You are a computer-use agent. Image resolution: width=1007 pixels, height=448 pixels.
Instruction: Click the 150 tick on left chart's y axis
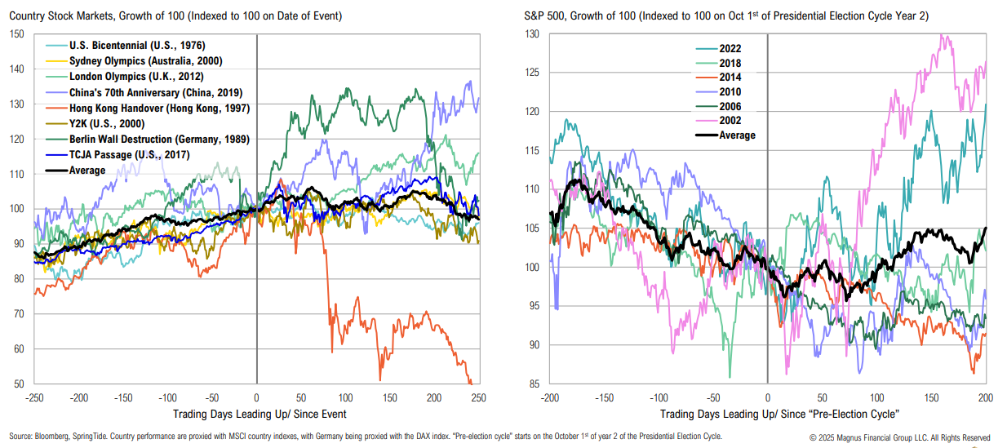(18, 34)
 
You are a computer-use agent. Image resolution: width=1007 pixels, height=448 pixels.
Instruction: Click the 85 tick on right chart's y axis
(532, 384)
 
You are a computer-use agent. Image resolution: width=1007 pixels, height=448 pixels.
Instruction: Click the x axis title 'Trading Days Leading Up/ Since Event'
(256, 415)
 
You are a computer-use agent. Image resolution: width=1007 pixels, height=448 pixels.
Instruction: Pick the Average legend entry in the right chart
(735, 135)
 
